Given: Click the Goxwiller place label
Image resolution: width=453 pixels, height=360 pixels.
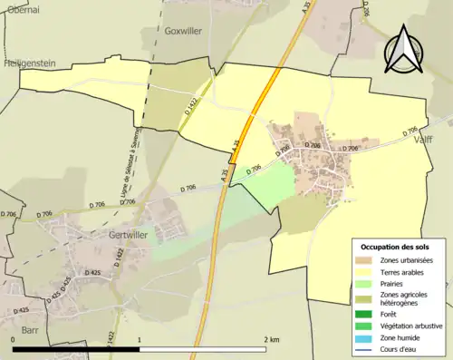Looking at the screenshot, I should [184, 30].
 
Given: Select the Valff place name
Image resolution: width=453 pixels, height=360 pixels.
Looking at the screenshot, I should [426, 141].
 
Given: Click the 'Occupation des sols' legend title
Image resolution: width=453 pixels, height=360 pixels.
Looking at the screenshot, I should [395, 247].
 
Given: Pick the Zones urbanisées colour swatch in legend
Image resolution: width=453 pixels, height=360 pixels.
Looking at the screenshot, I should [368, 261].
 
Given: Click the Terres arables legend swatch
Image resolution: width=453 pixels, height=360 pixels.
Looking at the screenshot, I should [368, 272].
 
